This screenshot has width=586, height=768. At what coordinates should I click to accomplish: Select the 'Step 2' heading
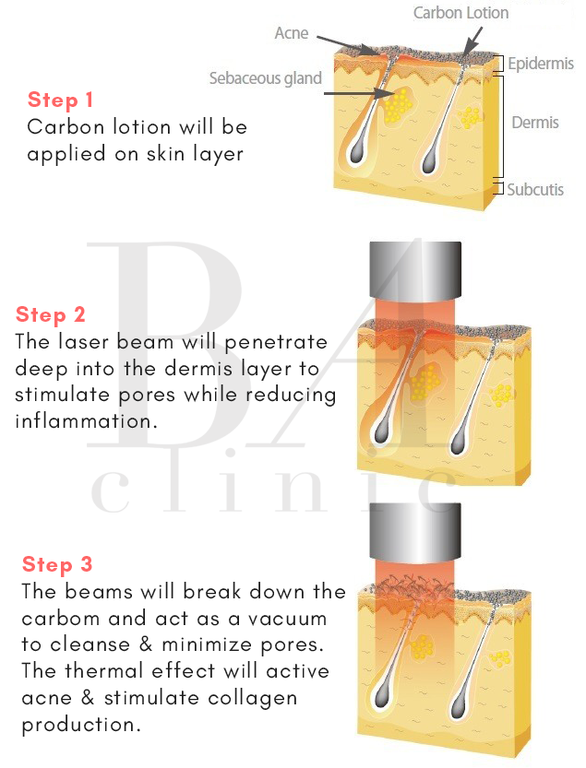pyautogui.click(x=51, y=314)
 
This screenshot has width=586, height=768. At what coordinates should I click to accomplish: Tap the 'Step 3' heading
pyautogui.click(x=57, y=564)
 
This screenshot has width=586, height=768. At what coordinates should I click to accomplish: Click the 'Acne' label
pyautogui.click(x=291, y=33)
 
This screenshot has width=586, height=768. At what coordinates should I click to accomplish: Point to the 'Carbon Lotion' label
pyautogui.click(x=460, y=13)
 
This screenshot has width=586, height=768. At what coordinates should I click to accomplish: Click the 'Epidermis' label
pyautogui.click(x=541, y=64)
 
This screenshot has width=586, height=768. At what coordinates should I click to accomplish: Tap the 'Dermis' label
pyautogui.click(x=534, y=122)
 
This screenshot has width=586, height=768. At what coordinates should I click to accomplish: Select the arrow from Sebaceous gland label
pyautogui.click(x=360, y=92)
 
